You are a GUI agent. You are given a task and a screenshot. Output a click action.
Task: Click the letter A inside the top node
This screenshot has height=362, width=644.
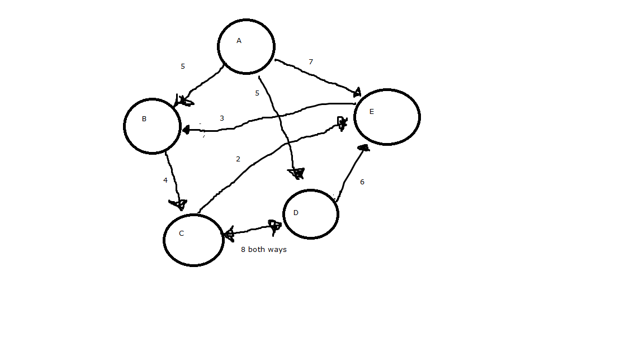[239, 41]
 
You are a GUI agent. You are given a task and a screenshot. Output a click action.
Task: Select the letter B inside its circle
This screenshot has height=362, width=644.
[144, 119]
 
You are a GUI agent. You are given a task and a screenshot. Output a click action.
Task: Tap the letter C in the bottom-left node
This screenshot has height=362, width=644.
[181, 234]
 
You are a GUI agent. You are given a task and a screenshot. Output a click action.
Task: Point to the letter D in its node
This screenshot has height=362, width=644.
[296, 213]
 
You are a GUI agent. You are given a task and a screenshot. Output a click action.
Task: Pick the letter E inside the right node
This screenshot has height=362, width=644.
[371, 112]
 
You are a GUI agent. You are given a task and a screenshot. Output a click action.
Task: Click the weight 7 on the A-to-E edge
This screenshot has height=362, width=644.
[311, 62]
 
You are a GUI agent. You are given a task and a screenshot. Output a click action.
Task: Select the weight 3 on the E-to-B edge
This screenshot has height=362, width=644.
[222, 118]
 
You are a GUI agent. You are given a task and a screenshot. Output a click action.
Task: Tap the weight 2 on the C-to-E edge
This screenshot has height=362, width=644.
[238, 159]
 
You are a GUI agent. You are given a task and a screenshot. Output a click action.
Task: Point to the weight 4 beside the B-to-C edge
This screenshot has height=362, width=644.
[165, 180]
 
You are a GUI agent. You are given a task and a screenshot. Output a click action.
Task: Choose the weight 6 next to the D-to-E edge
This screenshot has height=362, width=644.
[362, 182]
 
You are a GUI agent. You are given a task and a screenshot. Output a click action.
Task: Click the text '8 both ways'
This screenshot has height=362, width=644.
[263, 250]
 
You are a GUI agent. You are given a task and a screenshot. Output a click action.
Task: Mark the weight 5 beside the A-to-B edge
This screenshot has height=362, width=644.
[182, 66]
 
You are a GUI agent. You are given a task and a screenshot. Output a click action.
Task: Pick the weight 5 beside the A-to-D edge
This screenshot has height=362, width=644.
[257, 93]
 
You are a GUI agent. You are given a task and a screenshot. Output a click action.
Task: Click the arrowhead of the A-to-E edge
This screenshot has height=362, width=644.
[356, 92]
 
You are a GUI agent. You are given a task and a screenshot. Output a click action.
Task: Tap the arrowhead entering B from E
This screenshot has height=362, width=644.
[187, 130]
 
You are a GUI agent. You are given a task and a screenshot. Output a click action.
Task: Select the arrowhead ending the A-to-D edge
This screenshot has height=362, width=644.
[296, 173]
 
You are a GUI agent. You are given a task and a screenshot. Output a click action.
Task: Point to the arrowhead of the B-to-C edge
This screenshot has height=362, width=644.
[178, 204]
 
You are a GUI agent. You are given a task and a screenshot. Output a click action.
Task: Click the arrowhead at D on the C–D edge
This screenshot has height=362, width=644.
[274, 226]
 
